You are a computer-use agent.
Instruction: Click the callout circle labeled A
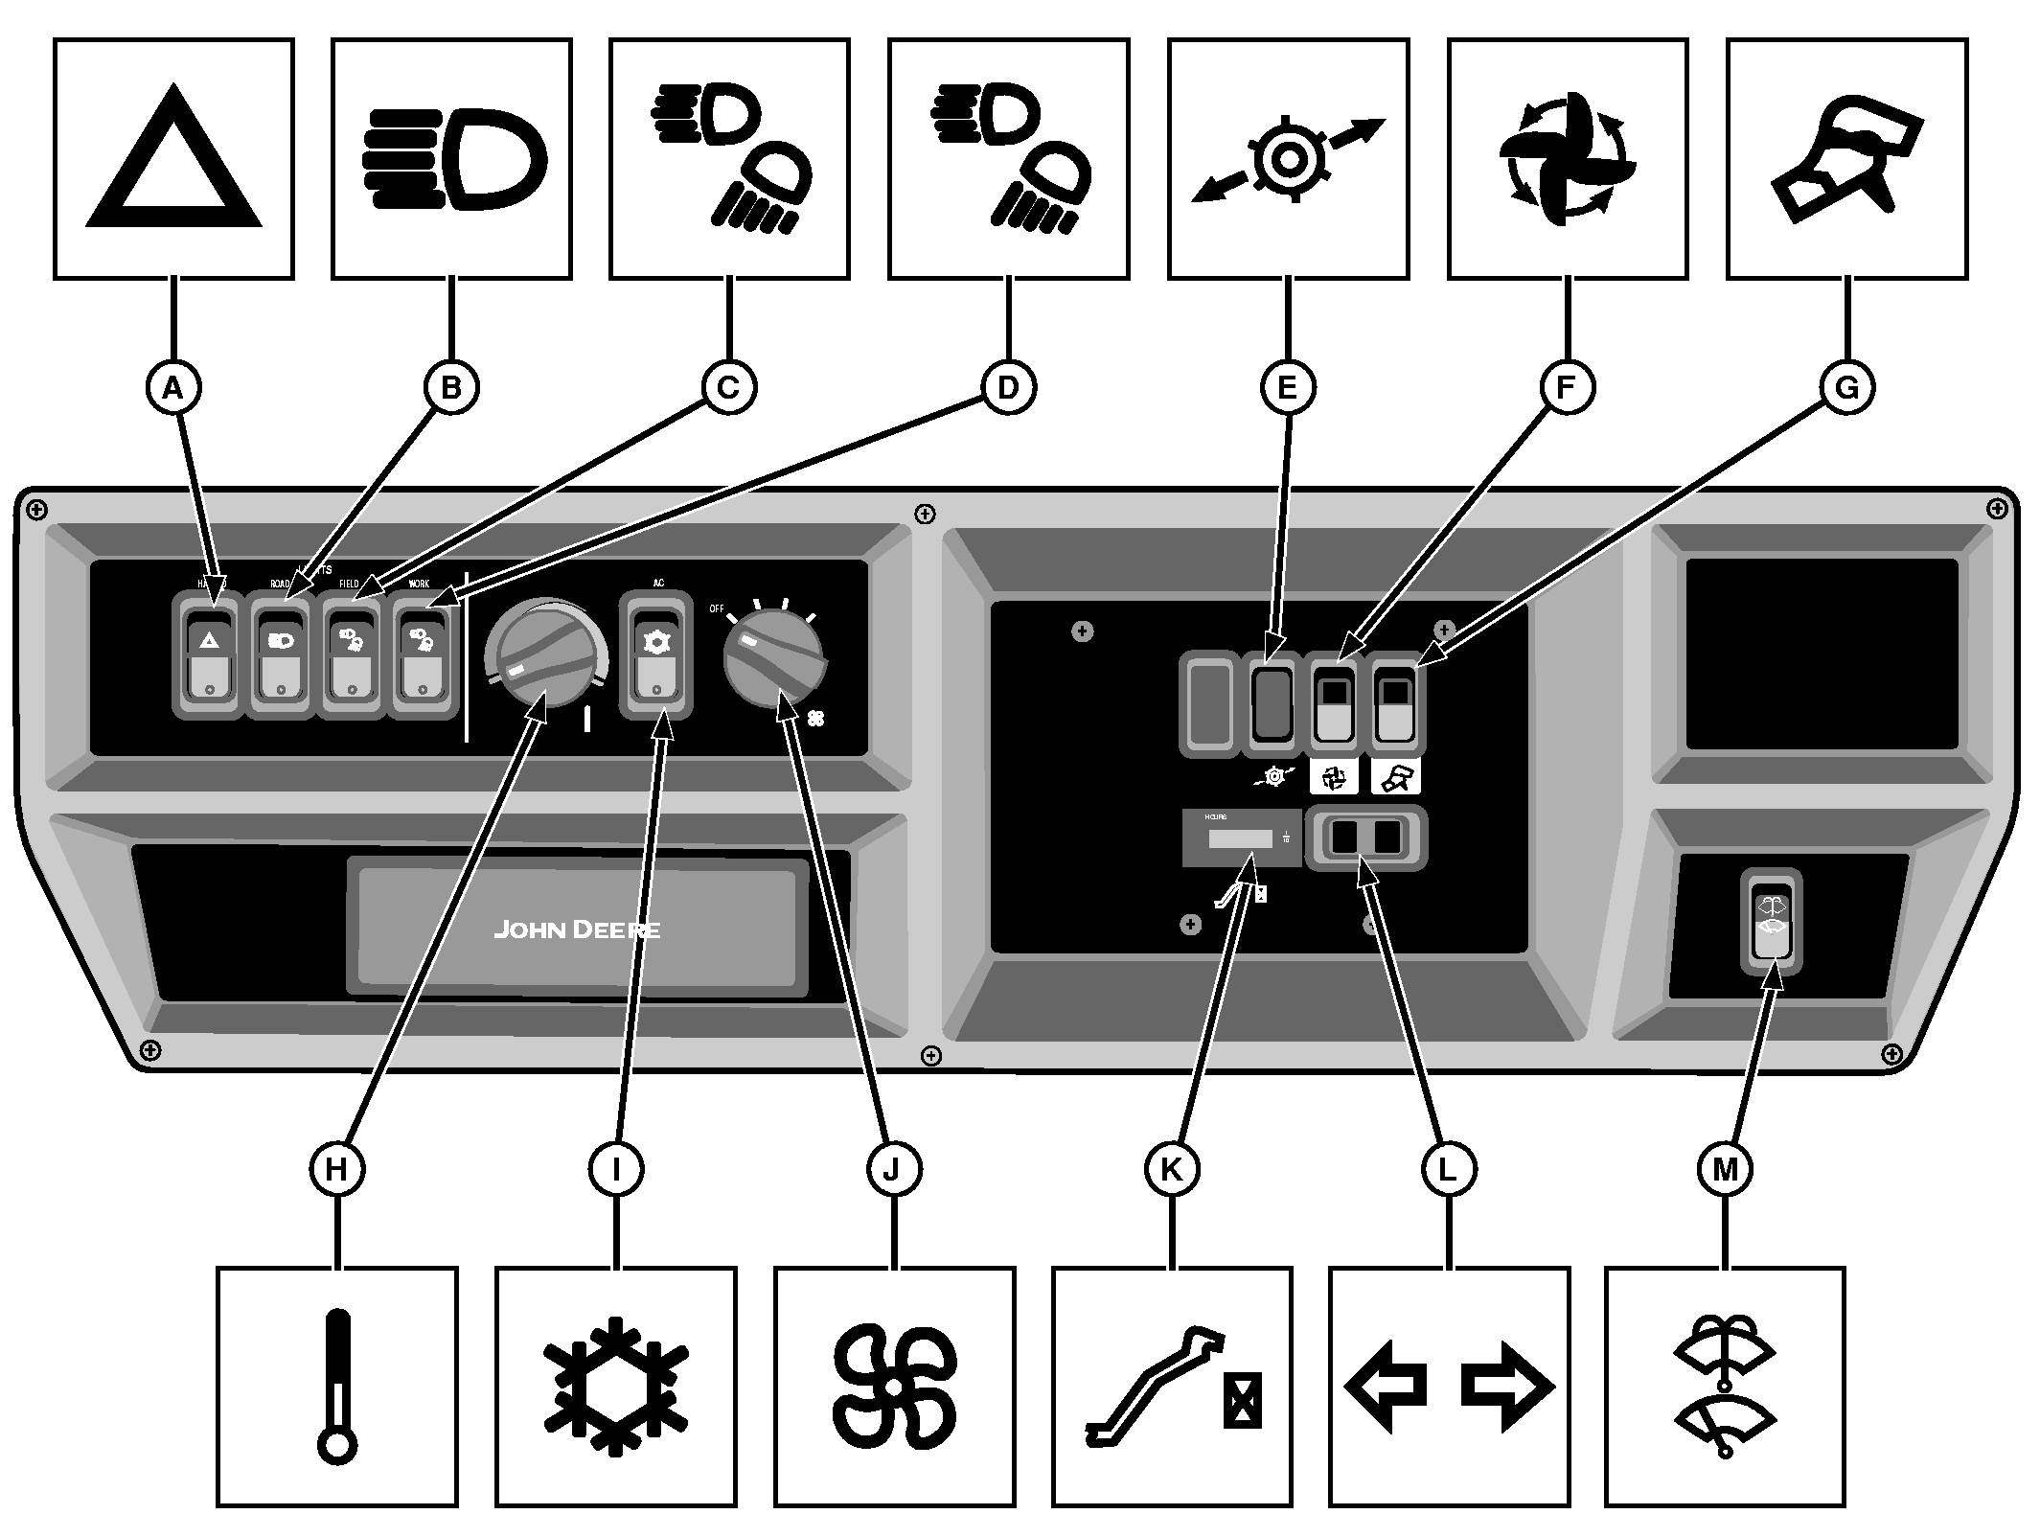click(x=172, y=388)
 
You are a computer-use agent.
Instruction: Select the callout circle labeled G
click(x=1846, y=388)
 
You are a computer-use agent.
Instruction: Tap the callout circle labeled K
click(x=1171, y=1169)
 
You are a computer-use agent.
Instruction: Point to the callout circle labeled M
click(x=1725, y=1169)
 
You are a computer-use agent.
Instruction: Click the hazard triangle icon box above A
click(x=173, y=159)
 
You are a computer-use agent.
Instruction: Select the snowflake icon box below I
click(x=615, y=1387)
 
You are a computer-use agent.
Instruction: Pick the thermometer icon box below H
click(x=336, y=1387)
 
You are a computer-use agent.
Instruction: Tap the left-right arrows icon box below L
click(x=1449, y=1387)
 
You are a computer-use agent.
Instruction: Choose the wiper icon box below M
click(x=1725, y=1387)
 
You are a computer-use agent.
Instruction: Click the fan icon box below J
click(x=894, y=1387)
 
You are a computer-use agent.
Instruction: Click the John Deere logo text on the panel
click(x=577, y=929)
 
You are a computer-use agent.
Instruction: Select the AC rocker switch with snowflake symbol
click(x=654, y=655)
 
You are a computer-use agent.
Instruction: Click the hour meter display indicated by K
click(x=1241, y=839)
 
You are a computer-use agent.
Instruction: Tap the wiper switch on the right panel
click(x=1771, y=920)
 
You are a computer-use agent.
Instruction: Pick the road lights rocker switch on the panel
click(x=281, y=655)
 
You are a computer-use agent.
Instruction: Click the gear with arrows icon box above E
click(x=1288, y=159)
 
